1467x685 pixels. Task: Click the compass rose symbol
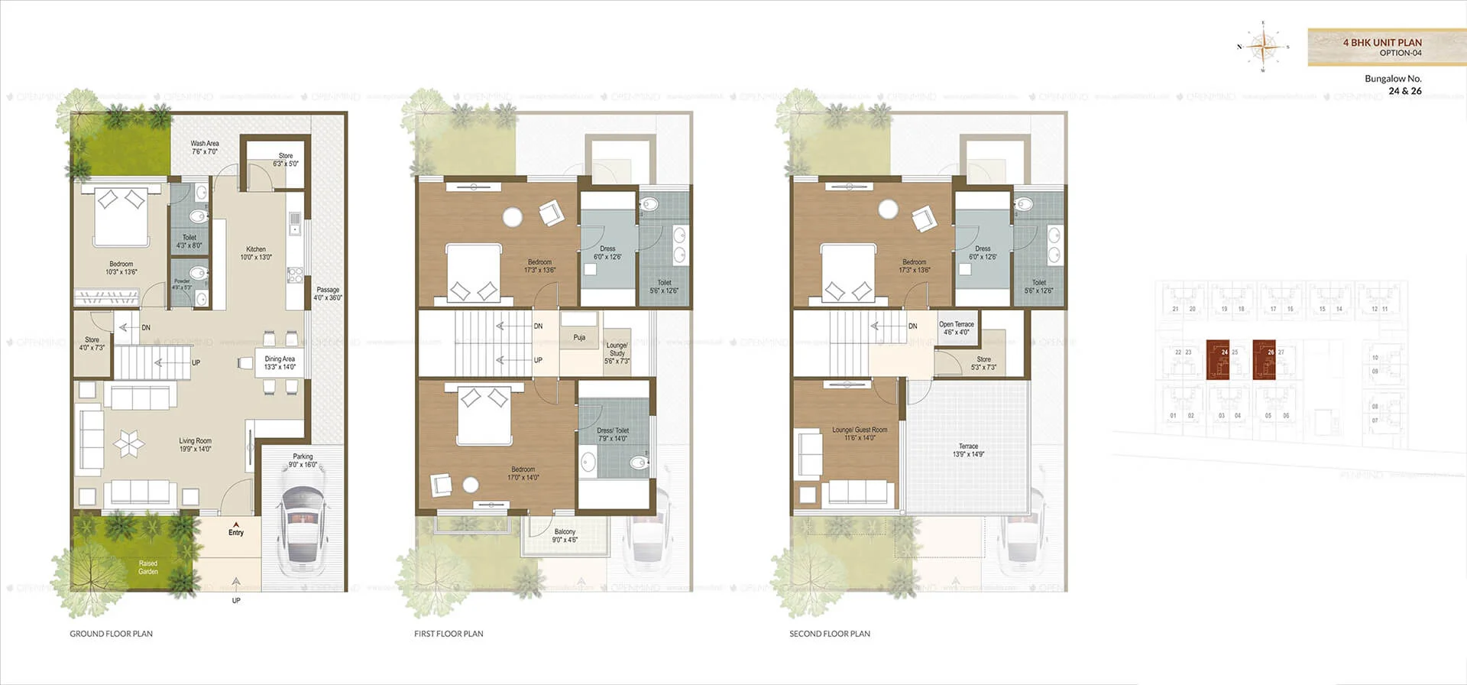coord(1263,47)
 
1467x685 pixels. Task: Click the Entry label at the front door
coord(236,532)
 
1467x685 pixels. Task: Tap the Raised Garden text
coord(148,567)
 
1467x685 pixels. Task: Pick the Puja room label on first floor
coord(579,337)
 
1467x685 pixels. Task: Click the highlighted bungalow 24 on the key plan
coord(1218,359)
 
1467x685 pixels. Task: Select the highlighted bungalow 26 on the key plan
coord(1264,359)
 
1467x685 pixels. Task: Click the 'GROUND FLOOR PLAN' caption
coord(111,634)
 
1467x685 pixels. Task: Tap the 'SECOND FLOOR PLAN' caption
coord(829,634)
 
